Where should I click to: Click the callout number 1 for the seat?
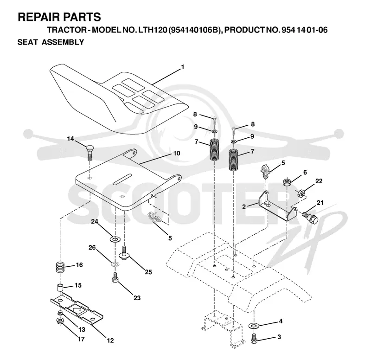coord(182,67)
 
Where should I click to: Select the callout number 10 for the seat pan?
coord(177,154)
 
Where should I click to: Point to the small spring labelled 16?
coord(60,267)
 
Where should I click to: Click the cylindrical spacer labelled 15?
coord(60,288)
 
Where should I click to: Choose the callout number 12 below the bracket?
coord(110,341)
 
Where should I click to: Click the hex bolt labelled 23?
coord(115,277)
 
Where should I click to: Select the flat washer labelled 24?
coord(115,239)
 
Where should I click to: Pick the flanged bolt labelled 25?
coord(123,253)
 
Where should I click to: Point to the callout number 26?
coord(92,248)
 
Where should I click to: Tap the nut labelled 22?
coord(301,193)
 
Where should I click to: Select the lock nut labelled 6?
coord(287,182)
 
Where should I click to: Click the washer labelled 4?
coord(254,326)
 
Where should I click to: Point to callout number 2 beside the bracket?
coord(244,207)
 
